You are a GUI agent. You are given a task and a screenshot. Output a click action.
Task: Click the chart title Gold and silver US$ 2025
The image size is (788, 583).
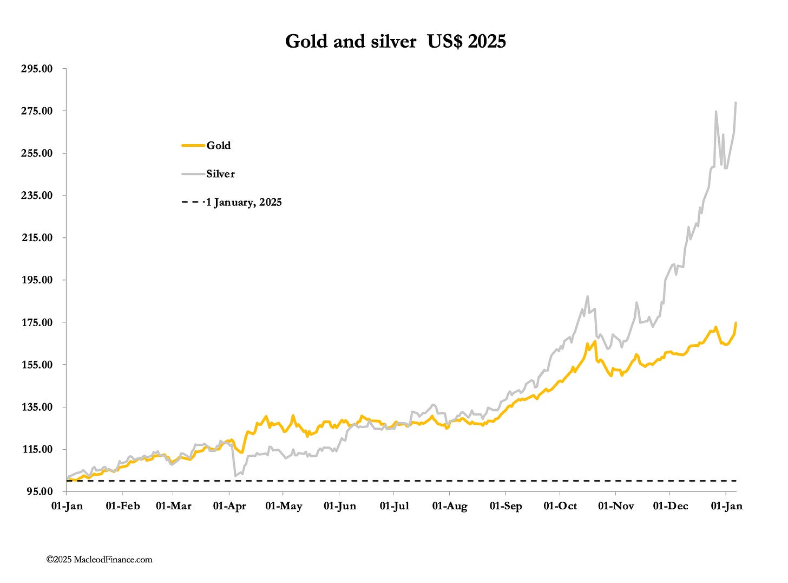[395, 41]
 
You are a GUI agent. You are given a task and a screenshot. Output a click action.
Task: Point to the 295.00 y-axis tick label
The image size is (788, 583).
[36, 69]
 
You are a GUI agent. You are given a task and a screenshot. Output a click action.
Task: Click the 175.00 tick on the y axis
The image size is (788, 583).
[36, 322]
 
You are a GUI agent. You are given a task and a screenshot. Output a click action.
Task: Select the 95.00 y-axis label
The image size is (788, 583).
[38, 491]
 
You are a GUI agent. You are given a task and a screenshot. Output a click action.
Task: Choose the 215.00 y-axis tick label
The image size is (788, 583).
[36, 238]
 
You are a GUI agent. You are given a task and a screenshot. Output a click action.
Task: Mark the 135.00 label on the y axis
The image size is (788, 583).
[36, 407]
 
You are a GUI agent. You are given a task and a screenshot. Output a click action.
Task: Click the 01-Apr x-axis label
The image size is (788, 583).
[229, 506]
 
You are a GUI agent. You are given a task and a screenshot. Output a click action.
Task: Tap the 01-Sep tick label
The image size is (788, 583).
[505, 506]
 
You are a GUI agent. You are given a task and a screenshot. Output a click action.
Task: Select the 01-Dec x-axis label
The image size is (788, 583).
[671, 506]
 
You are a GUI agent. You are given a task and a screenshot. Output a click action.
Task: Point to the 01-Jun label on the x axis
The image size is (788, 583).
[340, 506]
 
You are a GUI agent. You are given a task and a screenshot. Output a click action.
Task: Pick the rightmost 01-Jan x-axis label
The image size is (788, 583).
[726, 506]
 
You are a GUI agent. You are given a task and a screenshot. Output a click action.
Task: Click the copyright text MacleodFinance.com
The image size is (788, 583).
[100, 560]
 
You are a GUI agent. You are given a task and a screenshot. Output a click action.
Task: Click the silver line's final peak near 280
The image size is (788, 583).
[736, 102]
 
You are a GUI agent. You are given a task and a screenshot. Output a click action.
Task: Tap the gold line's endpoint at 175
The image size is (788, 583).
[736, 323]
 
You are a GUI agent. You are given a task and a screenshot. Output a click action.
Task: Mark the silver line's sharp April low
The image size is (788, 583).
[235, 476]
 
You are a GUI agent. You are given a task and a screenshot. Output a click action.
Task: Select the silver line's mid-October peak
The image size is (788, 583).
[588, 296]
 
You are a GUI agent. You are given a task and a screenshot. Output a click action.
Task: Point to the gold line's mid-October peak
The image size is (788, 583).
[587, 343]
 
